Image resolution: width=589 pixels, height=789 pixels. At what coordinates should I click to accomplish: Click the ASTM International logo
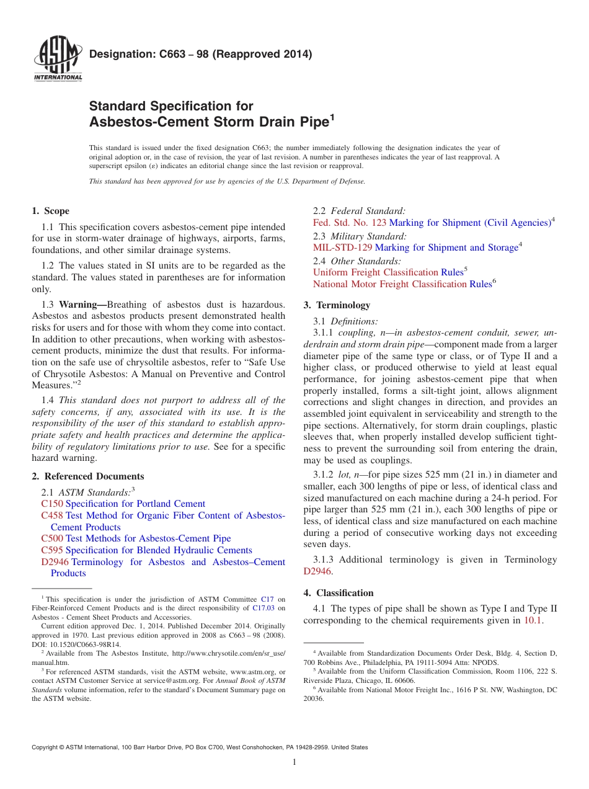click(x=58, y=60)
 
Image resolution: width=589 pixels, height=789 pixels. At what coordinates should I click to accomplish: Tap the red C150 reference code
click(x=52, y=504)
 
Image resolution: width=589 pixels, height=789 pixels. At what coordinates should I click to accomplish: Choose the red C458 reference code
click(x=52, y=515)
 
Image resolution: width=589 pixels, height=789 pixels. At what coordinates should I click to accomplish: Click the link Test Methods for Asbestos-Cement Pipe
click(x=148, y=538)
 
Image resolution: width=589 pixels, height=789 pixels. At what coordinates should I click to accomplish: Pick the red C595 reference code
click(x=52, y=550)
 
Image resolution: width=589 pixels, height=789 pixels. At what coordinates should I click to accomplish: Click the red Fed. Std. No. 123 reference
click(x=350, y=223)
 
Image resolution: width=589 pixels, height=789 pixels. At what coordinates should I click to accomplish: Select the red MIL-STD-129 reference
click(x=343, y=247)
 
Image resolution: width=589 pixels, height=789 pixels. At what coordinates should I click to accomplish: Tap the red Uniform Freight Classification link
click(x=376, y=272)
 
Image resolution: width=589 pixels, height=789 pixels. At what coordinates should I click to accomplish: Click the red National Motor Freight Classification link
click(x=389, y=284)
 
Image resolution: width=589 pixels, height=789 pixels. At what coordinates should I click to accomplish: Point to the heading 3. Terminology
click(x=337, y=305)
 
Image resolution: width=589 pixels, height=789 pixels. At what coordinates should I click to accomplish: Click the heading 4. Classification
click(x=339, y=593)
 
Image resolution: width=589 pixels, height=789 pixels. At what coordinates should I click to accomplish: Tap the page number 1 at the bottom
click(x=294, y=762)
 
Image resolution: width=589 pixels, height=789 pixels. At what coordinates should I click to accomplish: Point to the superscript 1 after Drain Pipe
click(x=332, y=117)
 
